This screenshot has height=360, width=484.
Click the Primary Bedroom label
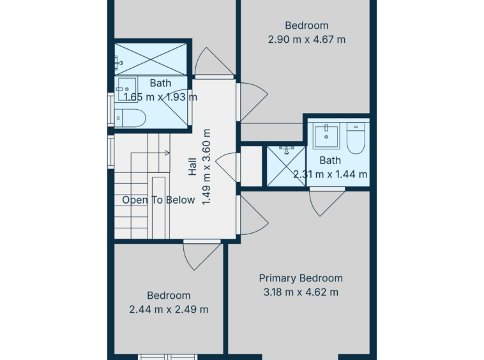click(x=301, y=278)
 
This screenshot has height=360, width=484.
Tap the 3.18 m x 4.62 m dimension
click(x=301, y=292)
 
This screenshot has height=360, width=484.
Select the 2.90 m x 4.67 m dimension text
click(x=306, y=40)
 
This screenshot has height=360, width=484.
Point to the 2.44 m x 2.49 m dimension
click(x=169, y=309)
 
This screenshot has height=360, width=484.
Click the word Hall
click(x=192, y=167)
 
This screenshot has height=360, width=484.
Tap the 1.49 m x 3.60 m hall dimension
click(x=206, y=167)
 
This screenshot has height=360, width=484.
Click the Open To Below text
click(x=158, y=200)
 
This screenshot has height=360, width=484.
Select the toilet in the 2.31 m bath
click(x=356, y=138)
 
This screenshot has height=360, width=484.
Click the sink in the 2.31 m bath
click(x=326, y=136)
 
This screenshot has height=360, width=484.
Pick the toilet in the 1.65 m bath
click(x=130, y=118)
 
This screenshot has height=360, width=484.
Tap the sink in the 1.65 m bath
click(x=126, y=89)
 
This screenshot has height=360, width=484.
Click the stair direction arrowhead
click(x=167, y=153)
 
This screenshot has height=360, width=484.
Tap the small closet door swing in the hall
click(x=226, y=167)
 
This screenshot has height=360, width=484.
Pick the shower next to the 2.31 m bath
click(x=286, y=166)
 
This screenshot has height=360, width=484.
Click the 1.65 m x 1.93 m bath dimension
click(x=160, y=97)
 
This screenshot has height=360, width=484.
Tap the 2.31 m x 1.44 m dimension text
click(x=330, y=174)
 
